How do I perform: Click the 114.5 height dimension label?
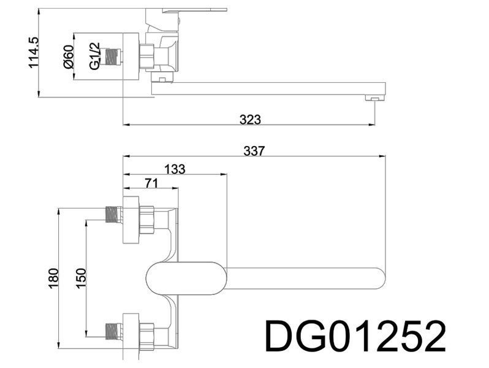point(33,52)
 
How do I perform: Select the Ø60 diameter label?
point(68,56)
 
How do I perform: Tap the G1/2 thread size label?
point(94,56)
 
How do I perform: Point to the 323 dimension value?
point(250,120)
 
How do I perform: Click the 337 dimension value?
point(254,151)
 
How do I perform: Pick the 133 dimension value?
point(175,169)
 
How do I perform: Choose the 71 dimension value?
point(151,183)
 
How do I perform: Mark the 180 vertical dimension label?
point(54,278)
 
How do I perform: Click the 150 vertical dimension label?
point(81,278)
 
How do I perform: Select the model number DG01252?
point(355,337)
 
